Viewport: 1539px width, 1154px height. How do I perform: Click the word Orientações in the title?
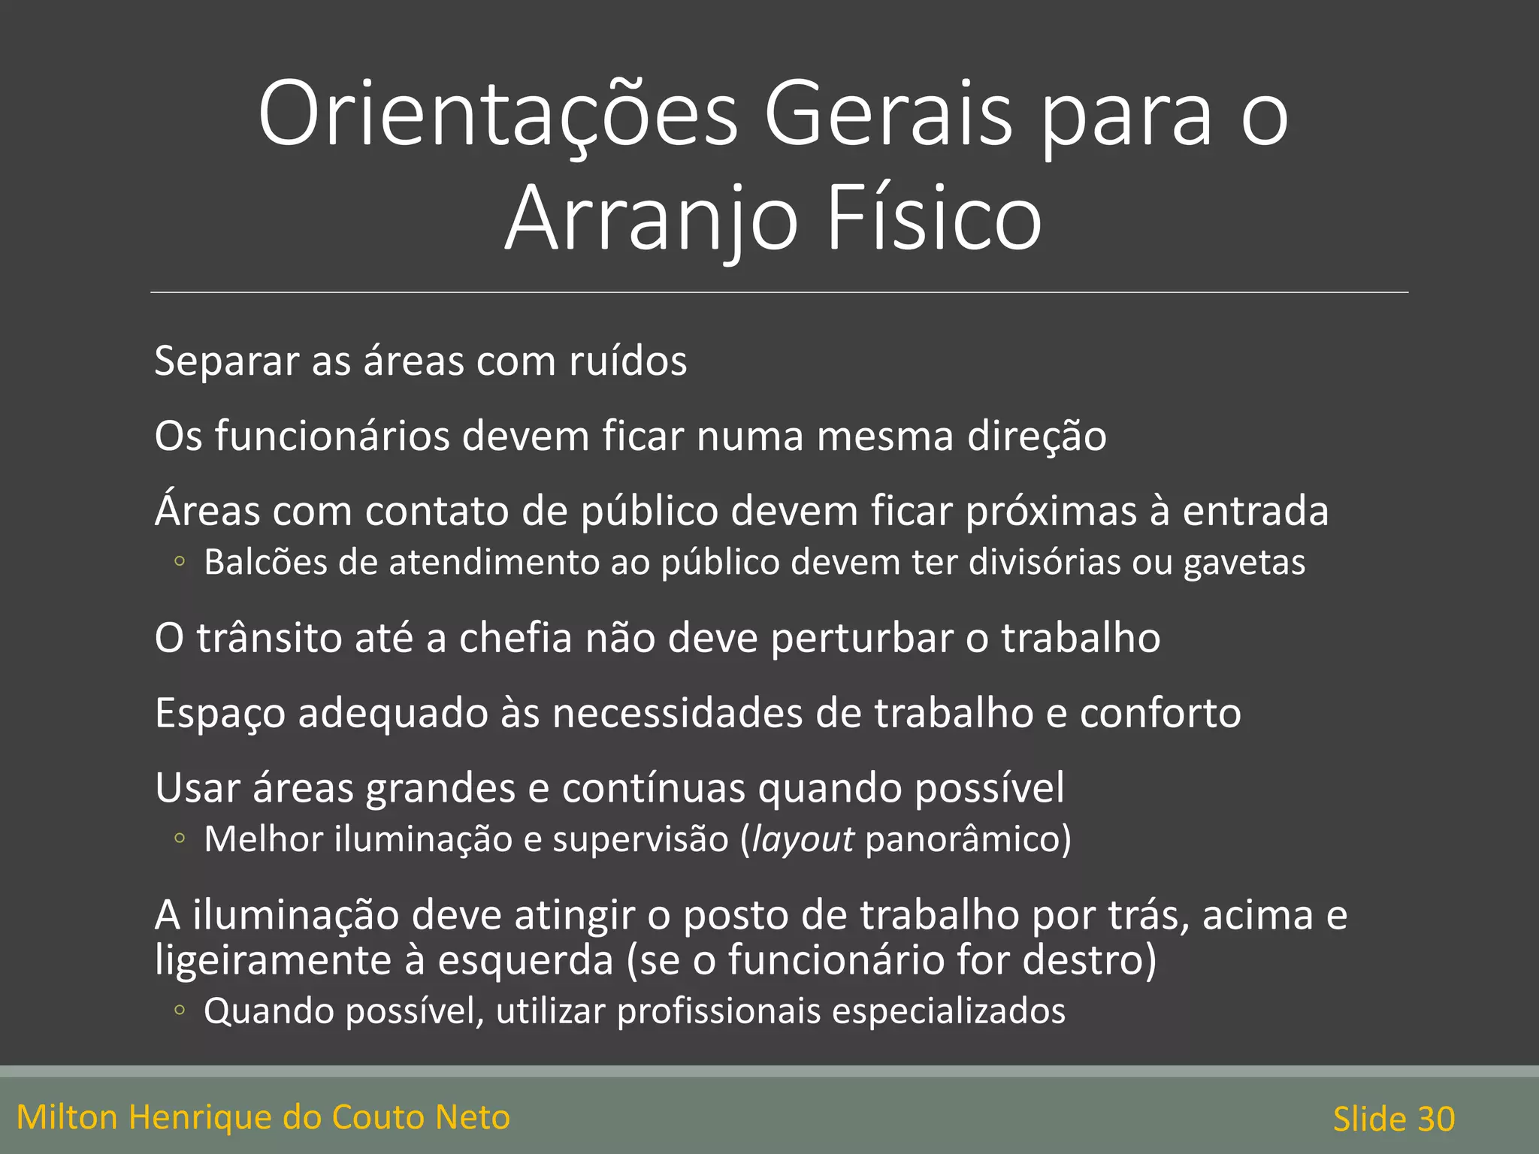pyautogui.click(x=498, y=115)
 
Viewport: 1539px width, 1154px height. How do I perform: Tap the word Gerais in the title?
pyautogui.click(x=887, y=115)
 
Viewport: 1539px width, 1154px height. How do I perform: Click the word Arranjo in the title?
pyautogui.click(x=652, y=219)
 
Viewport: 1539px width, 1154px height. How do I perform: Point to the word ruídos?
pyautogui.click(x=627, y=361)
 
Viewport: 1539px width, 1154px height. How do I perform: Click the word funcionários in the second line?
pyautogui.click(x=332, y=436)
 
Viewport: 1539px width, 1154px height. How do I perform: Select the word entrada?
pyautogui.click(x=1255, y=511)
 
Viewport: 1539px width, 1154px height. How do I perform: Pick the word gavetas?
pyautogui.click(x=1244, y=563)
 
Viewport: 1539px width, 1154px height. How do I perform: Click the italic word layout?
pyautogui.click(x=803, y=839)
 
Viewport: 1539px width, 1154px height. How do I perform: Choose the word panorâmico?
pyautogui.click(x=963, y=839)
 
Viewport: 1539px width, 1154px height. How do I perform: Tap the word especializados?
pyautogui.click(x=948, y=1011)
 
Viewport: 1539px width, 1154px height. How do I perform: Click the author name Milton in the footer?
pyautogui.click(x=68, y=1117)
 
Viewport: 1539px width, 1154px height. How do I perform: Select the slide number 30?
pyautogui.click(x=1436, y=1119)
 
